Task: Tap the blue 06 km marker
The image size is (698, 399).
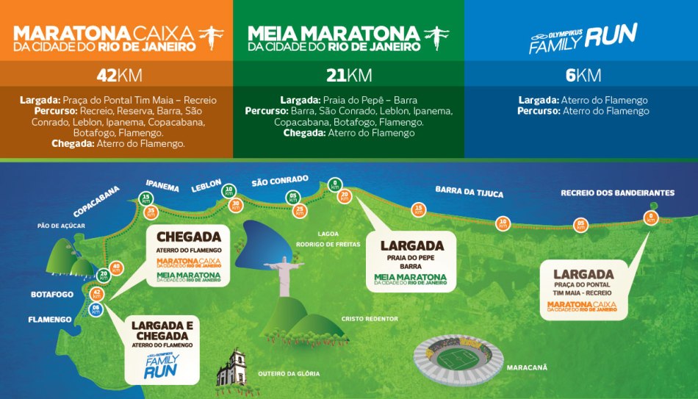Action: tap(96, 310)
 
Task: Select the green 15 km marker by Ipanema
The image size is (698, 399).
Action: tap(146, 198)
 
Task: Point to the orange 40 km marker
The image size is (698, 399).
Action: tap(116, 268)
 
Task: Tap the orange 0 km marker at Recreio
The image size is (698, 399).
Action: tap(650, 218)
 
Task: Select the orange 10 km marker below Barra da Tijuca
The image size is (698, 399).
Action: tap(503, 222)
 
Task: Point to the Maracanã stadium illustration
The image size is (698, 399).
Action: tap(458, 356)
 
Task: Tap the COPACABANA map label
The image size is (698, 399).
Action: tap(96, 201)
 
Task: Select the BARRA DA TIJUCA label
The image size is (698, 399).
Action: tap(469, 192)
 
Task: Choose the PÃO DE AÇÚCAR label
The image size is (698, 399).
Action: tap(61, 226)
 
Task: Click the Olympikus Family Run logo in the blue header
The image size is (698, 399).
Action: tap(582, 38)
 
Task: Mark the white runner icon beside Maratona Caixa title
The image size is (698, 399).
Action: tap(211, 37)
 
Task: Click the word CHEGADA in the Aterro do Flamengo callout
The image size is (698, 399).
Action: tap(189, 236)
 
